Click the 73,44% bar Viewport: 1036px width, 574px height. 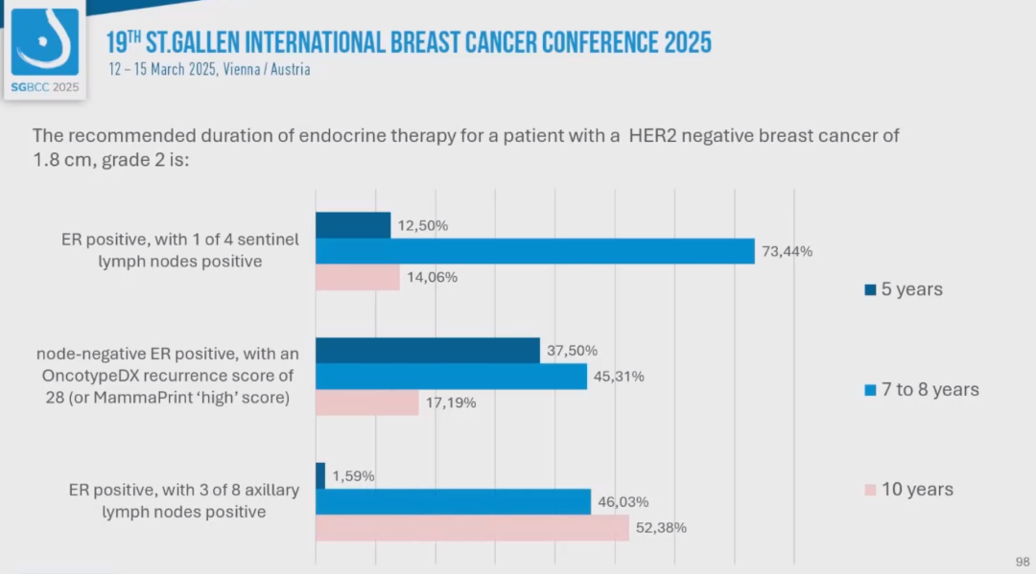click(535, 251)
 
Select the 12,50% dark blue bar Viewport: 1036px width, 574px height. click(353, 225)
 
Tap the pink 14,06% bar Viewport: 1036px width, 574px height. click(358, 278)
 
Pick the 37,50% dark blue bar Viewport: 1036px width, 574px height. click(428, 351)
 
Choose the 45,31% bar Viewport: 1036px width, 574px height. click(451, 377)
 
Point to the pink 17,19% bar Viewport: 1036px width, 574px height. click(367, 402)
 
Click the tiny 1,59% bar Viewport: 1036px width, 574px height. click(320, 475)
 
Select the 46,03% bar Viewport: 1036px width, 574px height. click(453, 501)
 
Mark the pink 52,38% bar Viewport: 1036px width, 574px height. click(472, 527)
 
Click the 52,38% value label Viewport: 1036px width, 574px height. click(661, 527)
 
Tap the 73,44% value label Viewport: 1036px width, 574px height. click(788, 251)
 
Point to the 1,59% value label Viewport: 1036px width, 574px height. click(354, 475)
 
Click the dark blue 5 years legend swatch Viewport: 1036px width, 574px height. click(870, 289)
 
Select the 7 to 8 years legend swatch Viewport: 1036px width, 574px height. click(870, 390)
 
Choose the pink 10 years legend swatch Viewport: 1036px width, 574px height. click(870, 490)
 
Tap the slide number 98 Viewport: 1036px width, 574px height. click(1022, 561)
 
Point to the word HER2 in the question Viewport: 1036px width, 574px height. click(660, 136)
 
